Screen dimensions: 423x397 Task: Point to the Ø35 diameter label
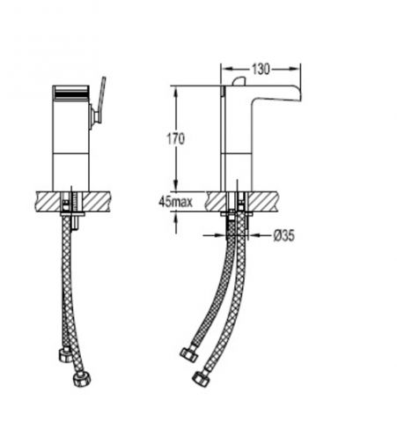tap(284, 235)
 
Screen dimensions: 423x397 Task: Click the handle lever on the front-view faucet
tap(102, 97)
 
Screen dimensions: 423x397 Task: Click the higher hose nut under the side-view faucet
tap(188, 354)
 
